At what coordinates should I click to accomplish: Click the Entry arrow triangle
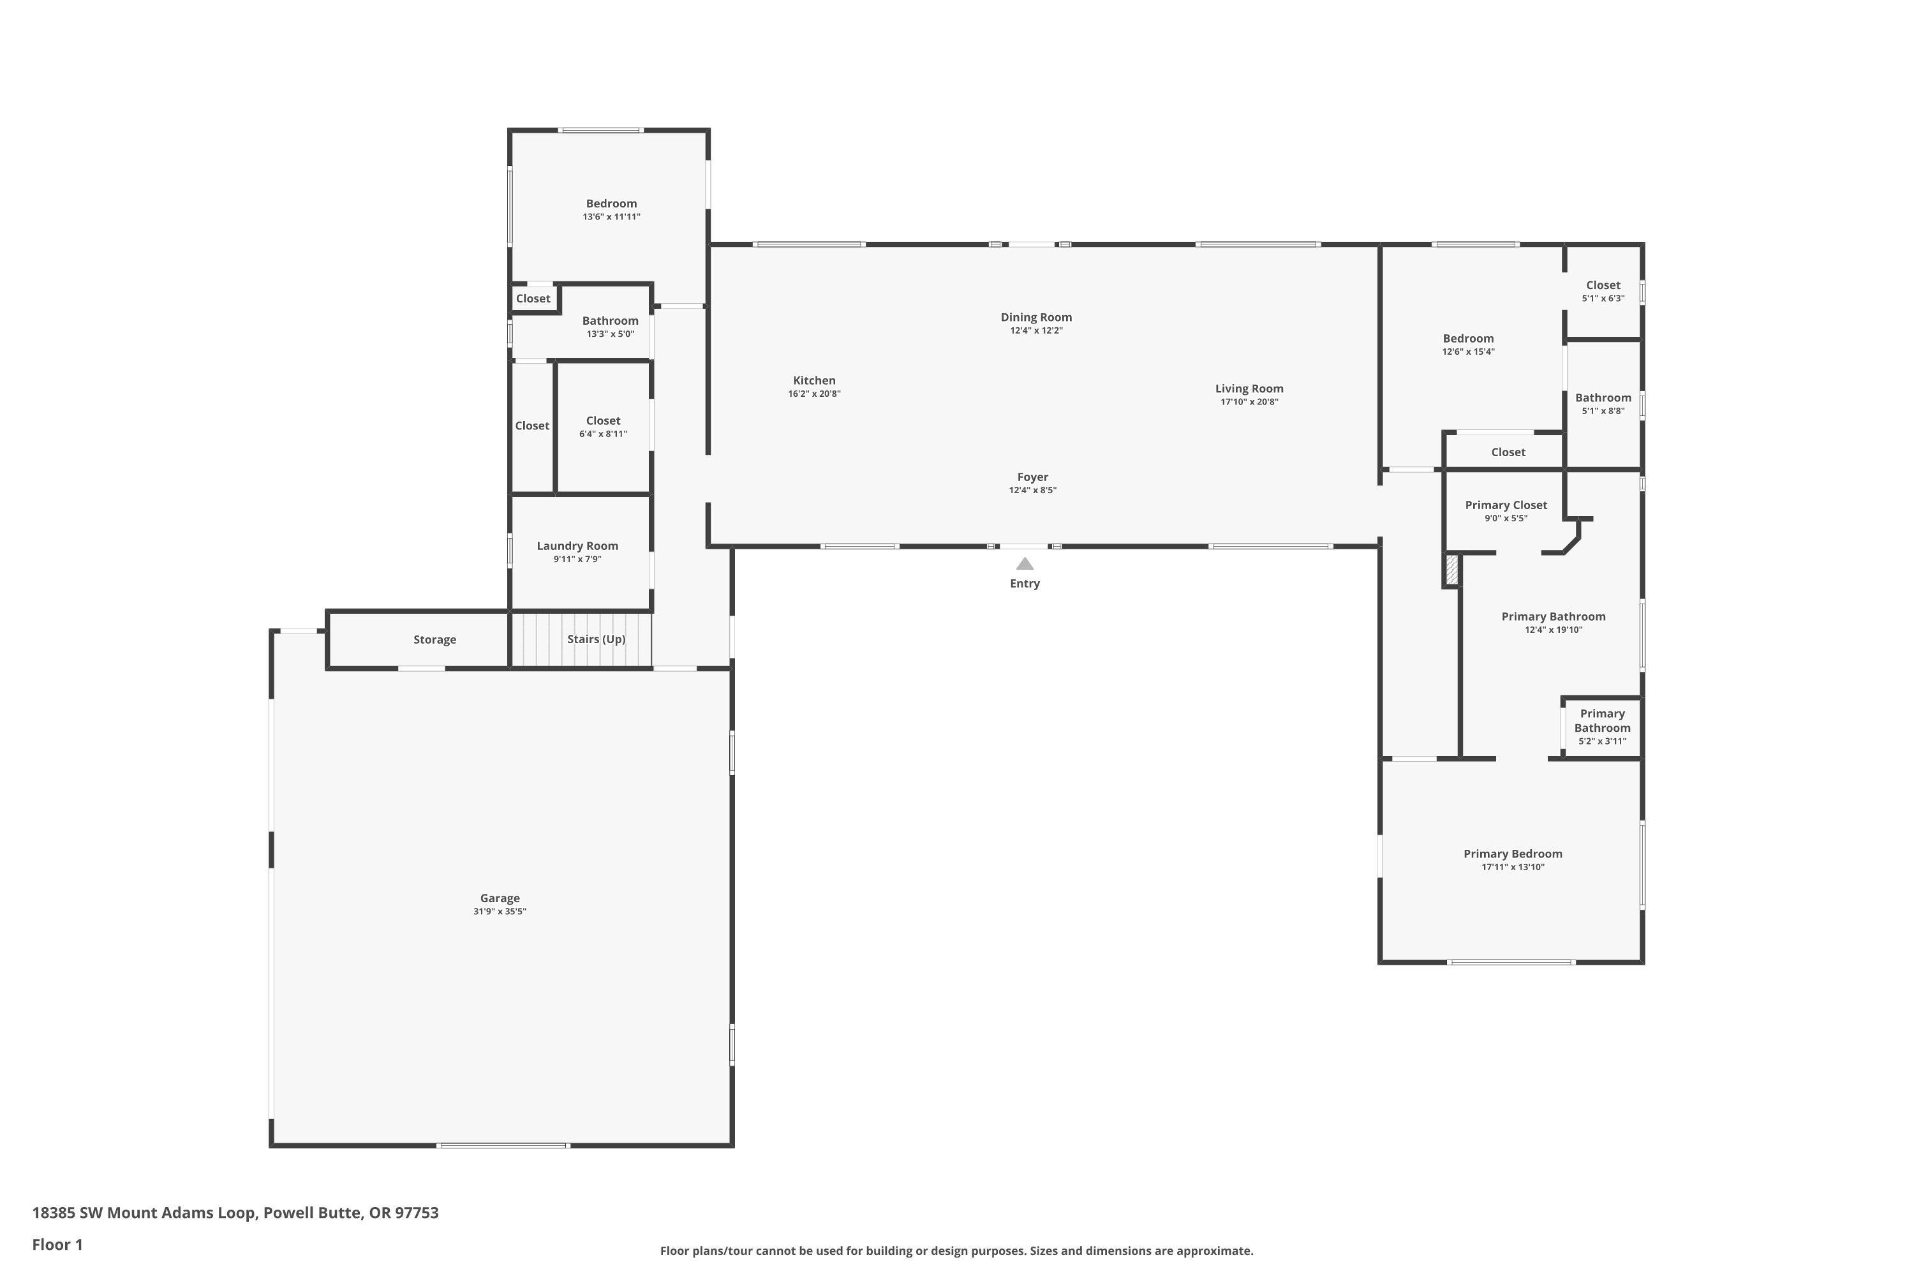[1025, 564]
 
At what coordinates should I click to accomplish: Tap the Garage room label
[500, 898]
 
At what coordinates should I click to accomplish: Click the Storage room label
[434, 640]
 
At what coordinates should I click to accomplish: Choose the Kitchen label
[814, 380]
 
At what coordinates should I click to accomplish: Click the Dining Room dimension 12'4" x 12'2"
[1036, 330]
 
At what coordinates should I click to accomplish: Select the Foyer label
[1033, 477]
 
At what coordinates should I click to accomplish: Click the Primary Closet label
[1506, 505]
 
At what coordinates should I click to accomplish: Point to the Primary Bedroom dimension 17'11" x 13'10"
[1513, 868]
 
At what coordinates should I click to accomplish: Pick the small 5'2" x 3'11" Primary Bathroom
[1601, 727]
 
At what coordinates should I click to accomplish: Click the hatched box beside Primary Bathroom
[1451, 570]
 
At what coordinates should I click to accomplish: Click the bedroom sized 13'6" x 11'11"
[611, 209]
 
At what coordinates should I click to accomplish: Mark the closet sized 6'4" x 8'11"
[603, 426]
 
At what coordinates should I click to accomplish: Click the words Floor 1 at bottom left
[57, 1244]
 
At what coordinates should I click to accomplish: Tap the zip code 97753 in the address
[417, 1213]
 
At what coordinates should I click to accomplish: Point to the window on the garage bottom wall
[503, 1146]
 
